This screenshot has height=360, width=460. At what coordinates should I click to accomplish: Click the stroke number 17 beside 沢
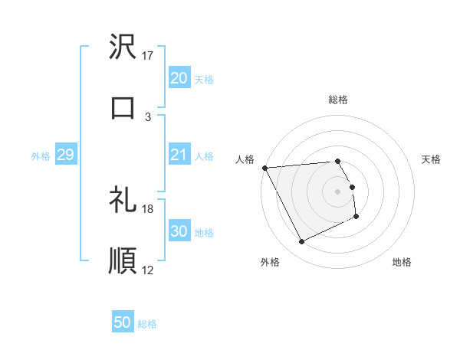(148, 56)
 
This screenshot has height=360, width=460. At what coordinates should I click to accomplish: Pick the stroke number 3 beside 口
(148, 116)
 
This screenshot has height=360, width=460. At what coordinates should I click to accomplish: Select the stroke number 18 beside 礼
(148, 208)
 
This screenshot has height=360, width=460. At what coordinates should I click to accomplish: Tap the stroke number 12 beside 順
(148, 270)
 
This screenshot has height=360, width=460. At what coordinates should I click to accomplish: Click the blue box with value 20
(179, 78)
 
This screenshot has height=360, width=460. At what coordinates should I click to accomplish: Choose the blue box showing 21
(179, 155)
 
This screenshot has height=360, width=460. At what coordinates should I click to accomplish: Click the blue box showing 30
(179, 231)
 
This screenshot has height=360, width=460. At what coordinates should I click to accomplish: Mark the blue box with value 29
(65, 155)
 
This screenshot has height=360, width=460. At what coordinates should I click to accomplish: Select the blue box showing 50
(123, 322)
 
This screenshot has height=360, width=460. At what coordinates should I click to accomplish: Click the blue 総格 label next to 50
(147, 324)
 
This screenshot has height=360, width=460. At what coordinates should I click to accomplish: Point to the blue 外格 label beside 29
(41, 156)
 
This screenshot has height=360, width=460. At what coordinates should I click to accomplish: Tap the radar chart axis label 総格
(338, 100)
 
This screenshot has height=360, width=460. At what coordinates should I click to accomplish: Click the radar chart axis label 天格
(431, 159)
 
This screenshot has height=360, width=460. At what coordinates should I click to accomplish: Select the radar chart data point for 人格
(264, 168)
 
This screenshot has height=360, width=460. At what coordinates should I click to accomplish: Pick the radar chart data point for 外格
(301, 242)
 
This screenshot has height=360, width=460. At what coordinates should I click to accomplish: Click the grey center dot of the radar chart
(338, 191)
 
